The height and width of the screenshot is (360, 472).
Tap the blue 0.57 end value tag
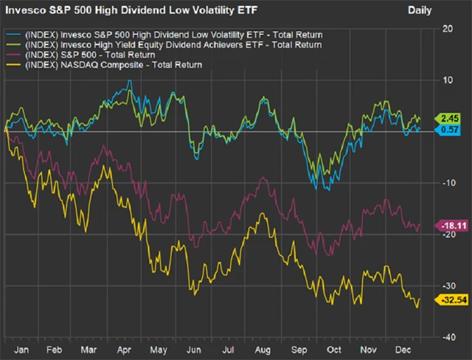(x=451, y=130)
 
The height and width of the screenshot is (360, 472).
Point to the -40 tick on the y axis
(x=448, y=336)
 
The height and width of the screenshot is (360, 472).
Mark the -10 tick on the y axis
(x=448, y=182)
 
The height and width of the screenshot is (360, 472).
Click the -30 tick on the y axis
(x=448, y=285)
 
